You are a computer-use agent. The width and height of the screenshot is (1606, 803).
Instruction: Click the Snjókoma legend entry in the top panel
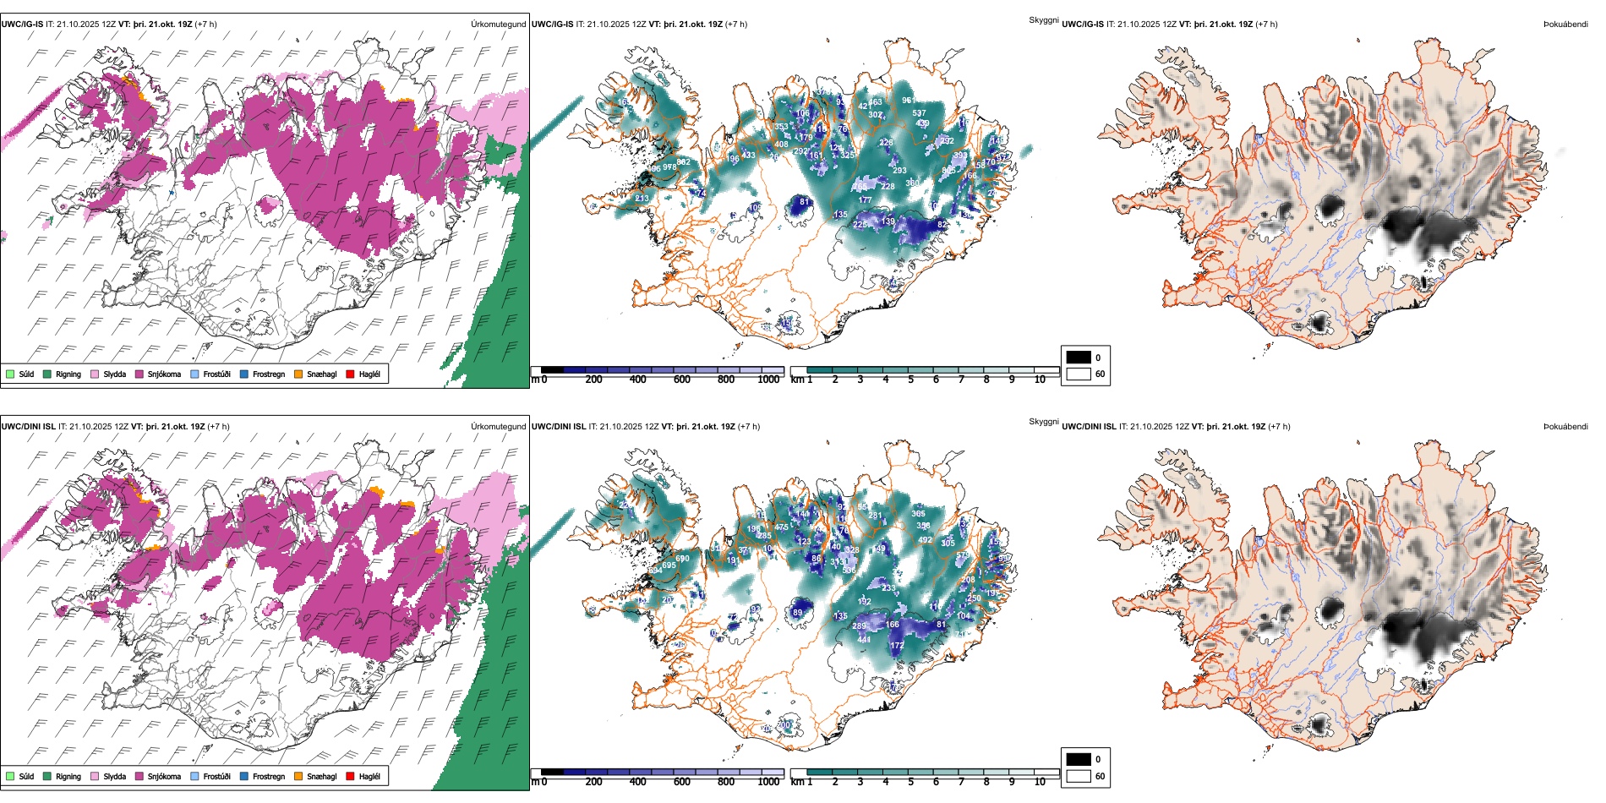(164, 374)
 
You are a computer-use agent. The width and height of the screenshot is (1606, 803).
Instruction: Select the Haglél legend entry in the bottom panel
(369, 776)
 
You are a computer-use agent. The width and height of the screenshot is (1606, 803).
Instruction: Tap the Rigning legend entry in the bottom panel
(68, 776)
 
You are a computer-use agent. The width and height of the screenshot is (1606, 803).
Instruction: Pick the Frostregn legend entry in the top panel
(269, 374)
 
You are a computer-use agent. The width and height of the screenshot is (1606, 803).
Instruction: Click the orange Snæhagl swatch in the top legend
(298, 374)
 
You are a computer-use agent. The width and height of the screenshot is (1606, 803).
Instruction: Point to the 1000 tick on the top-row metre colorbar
(768, 380)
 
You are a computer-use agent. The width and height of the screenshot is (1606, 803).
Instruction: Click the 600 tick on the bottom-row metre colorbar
(682, 782)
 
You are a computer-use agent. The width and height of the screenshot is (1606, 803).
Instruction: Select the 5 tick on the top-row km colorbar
(910, 380)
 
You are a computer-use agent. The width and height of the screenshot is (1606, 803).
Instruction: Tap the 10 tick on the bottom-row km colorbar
(1040, 782)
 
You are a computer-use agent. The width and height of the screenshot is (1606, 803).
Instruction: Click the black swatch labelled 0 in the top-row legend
(1079, 358)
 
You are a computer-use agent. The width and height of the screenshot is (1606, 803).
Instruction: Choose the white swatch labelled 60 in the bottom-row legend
(1079, 776)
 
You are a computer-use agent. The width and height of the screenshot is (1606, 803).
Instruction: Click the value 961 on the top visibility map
(908, 101)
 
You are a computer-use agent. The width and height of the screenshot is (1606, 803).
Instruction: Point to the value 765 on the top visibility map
(860, 187)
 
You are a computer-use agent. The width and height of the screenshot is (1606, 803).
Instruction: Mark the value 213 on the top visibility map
(642, 199)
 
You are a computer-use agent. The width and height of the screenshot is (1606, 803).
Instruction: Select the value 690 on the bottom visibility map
(682, 558)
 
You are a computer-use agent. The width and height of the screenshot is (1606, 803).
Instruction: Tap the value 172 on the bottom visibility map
(897, 646)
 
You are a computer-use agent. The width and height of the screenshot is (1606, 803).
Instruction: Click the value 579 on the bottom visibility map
(963, 555)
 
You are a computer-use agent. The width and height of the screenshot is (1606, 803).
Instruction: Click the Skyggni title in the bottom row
(1043, 421)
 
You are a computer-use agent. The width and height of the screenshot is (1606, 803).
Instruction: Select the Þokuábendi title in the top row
(1565, 25)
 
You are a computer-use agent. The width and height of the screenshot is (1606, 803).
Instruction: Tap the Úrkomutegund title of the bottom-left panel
(498, 427)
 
